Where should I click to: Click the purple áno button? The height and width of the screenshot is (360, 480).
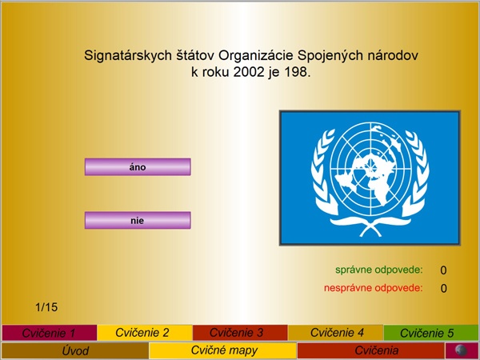138,167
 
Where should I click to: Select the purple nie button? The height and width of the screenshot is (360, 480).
138,220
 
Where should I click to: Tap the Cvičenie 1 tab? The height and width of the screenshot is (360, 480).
50,333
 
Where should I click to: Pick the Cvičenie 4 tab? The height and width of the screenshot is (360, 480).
335,333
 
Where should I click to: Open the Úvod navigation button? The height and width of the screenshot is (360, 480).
75,350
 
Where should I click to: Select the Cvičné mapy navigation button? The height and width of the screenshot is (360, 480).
223,350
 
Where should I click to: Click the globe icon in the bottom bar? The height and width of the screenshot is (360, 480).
462,350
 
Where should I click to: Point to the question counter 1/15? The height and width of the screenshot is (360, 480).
46,307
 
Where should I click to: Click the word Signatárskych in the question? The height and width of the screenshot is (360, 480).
128,56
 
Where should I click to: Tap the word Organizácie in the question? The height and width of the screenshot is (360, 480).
256,56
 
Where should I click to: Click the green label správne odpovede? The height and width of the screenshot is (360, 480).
379,270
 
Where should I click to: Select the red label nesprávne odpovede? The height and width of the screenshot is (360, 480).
374,288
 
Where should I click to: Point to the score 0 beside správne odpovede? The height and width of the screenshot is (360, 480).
443,270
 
